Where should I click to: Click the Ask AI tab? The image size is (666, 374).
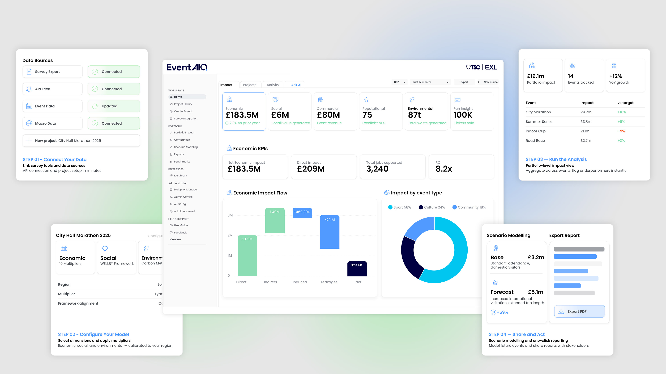pos(296,85)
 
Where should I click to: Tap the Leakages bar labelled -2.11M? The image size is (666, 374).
pos(330,232)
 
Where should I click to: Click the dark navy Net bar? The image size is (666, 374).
pos(357,269)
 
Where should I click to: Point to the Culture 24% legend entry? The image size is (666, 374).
pos(432,207)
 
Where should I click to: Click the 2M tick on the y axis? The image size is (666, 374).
pos(230,235)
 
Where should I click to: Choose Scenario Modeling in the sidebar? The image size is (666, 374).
pos(186,147)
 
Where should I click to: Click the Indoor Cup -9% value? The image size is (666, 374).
pos(621,131)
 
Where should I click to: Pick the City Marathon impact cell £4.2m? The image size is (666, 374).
pos(586,112)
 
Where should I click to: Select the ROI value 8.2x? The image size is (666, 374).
pos(444,169)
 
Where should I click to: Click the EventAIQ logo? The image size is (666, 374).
pos(187,67)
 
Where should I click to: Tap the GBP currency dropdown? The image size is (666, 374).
pos(399,82)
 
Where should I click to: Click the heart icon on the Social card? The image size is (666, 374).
pos(105,249)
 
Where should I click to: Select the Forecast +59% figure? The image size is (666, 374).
pos(499,312)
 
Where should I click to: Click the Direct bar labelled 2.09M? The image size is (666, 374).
pos(247,256)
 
